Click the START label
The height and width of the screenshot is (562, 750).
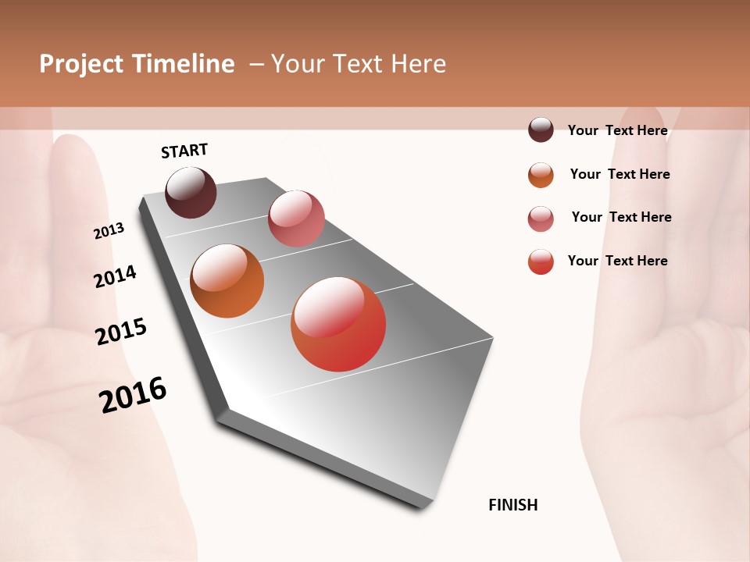[184, 151]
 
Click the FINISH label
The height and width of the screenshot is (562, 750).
[513, 505]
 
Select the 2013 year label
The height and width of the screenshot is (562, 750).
[109, 231]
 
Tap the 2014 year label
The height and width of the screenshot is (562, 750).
[116, 276]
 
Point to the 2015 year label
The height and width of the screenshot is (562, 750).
[121, 332]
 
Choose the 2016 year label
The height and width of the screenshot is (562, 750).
[133, 395]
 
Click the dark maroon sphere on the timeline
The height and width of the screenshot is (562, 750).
[191, 192]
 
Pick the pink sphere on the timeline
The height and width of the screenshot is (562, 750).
[296, 219]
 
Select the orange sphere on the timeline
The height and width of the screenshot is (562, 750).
[227, 281]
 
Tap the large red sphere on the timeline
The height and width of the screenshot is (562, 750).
[338, 324]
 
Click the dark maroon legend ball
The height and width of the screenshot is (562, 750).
[541, 130]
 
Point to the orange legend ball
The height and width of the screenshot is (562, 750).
[541, 175]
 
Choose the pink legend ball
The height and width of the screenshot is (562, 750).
[541, 219]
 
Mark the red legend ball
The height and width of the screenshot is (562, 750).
[541, 261]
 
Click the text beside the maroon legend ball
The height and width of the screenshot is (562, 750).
[618, 130]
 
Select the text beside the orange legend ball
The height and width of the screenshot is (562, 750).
[620, 174]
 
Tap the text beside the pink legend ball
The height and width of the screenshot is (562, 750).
[622, 217]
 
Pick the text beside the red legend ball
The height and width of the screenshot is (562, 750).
[618, 261]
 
